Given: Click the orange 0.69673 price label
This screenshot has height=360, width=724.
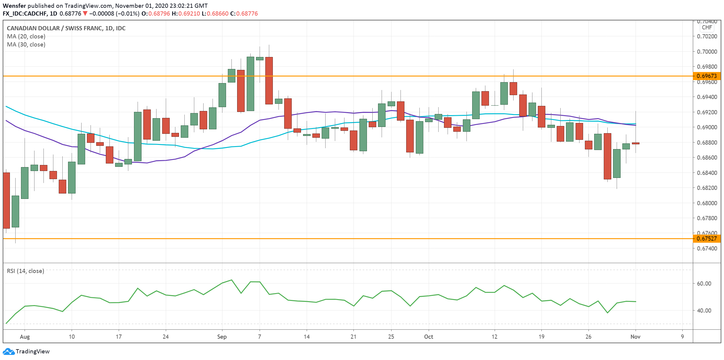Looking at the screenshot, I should [707, 76].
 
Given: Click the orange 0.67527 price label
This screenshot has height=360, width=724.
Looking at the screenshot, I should [707, 238].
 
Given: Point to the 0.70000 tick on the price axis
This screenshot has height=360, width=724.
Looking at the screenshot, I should [707, 52].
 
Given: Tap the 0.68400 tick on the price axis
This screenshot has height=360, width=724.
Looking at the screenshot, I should [707, 173].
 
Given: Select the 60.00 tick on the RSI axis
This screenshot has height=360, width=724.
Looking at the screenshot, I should [704, 283].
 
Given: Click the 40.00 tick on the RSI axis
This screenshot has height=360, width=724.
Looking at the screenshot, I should [704, 310].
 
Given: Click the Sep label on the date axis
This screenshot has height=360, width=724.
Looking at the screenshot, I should [222, 337].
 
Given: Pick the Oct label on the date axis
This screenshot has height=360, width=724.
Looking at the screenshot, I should [428, 337].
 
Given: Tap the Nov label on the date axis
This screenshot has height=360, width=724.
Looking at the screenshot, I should [635, 337].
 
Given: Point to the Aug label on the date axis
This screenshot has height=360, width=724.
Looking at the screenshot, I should [25, 337].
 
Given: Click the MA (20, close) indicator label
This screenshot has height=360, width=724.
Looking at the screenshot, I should [26, 36].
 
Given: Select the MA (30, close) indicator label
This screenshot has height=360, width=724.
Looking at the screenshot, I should [26, 44].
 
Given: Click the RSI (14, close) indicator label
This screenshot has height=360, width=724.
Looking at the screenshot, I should [25, 271].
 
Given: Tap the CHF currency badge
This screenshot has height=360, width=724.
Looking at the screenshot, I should [707, 28].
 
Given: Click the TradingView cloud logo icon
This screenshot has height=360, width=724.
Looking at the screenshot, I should [8, 351].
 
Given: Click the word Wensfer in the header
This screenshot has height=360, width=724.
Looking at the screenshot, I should [14, 6].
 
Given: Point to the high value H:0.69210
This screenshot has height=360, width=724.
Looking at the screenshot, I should [186, 13].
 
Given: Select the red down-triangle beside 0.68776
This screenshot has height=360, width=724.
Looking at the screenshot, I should [85, 13].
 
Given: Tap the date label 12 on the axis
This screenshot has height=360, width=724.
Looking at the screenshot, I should [494, 337].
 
